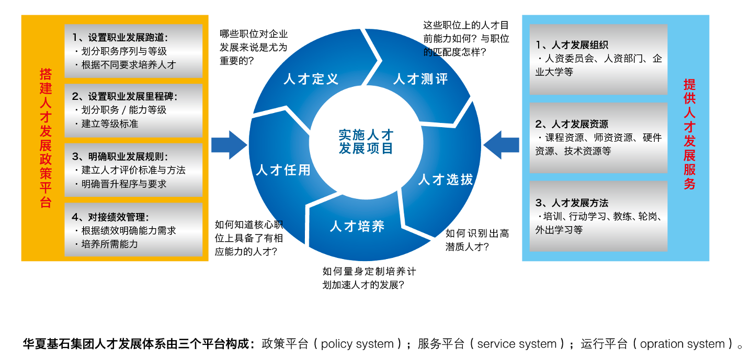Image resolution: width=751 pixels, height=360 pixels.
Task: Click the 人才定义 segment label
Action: (311, 79)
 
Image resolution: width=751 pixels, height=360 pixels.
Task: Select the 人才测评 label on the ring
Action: (420, 79)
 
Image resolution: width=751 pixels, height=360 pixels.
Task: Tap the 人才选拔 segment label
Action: (446, 179)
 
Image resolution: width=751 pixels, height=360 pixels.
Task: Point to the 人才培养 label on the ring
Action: (357, 227)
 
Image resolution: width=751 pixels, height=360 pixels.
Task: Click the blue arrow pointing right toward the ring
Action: (229, 144)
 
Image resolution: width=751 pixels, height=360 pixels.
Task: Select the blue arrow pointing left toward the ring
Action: (502, 144)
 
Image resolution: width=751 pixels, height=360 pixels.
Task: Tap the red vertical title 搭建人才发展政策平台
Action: (46, 138)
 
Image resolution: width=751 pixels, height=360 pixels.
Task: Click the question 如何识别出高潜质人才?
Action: (476, 240)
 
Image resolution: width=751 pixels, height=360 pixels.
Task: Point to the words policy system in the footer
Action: (357, 344)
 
